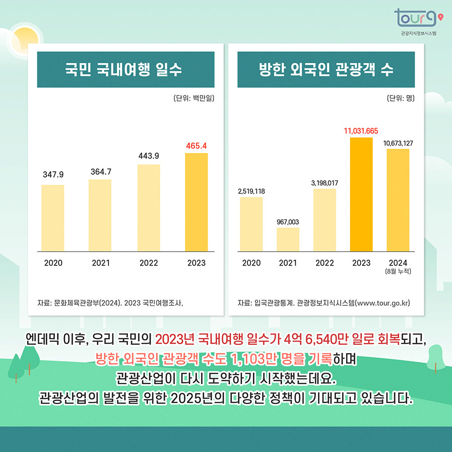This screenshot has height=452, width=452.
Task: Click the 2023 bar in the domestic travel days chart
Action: click(x=196, y=202)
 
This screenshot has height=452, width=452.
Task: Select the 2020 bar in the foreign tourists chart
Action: click(x=251, y=224)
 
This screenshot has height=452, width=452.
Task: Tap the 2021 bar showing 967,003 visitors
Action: click(x=288, y=239)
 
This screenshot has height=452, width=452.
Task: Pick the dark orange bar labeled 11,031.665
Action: click(x=361, y=194)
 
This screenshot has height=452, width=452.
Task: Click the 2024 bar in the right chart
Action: click(x=398, y=200)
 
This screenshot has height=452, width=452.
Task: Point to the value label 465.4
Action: click(x=196, y=146)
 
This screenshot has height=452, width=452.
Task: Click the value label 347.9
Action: click(x=53, y=175)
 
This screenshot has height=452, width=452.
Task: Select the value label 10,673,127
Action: click(x=398, y=143)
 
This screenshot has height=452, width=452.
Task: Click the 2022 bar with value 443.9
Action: click(x=149, y=208)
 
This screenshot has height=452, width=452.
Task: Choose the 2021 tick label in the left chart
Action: click(x=101, y=263)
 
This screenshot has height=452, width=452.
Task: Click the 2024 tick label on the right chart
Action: click(x=398, y=263)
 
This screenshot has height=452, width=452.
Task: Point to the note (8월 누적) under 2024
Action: click(x=398, y=272)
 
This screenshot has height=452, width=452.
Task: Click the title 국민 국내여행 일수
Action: click(x=123, y=70)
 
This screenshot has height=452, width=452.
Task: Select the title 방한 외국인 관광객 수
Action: click(x=326, y=70)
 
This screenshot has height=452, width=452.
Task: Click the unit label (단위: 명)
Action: click(x=400, y=98)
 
